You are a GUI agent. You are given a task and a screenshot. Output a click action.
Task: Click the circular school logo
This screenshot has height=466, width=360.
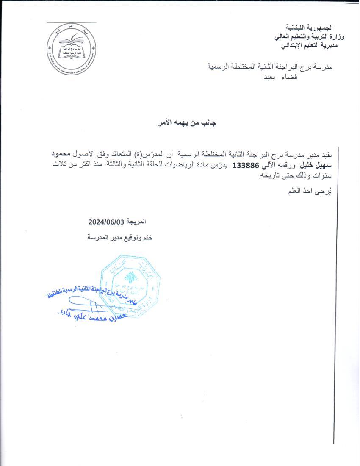(x=71, y=51)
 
